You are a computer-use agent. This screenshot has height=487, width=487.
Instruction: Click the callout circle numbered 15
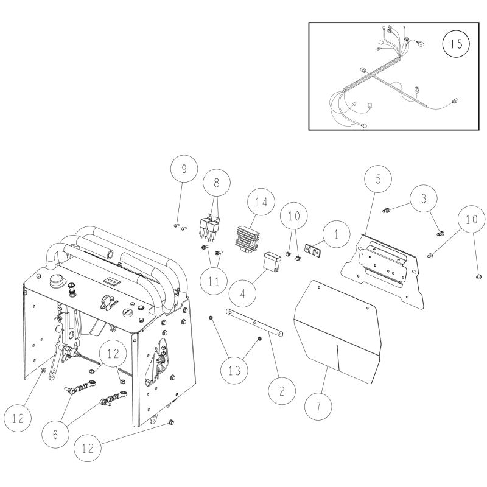[452, 44]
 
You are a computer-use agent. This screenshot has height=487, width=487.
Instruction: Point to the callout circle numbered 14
[261, 201]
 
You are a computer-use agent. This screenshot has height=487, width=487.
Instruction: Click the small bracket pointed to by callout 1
[313, 249]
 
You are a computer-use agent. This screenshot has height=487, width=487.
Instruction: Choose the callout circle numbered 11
[212, 281]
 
